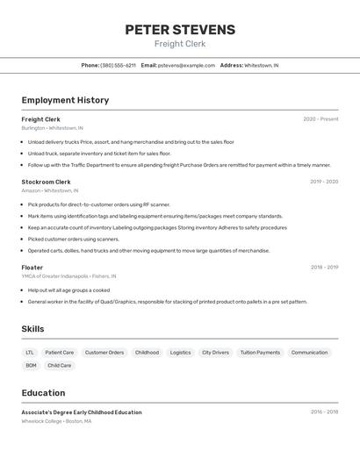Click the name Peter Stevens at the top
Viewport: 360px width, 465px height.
pyautogui.click(x=180, y=29)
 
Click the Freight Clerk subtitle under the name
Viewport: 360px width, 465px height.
pyautogui.click(x=180, y=44)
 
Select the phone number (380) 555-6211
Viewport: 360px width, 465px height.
pyautogui.click(x=118, y=65)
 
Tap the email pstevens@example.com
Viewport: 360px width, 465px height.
pyautogui.click(x=186, y=65)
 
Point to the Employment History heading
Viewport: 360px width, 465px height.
pyautogui.click(x=65, y=100)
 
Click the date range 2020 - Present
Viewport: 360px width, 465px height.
pyautogui.click(x=320, y=119)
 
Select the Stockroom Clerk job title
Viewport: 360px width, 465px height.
pyautogui.click(x=46, y=182)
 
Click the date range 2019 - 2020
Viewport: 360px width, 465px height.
pyautogui.click(x=324, y=182)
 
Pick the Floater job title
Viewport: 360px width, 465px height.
pyautogui.click(x=32, y=267)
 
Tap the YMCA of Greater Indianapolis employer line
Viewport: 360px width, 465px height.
pyautogui.click(x=68, y=276)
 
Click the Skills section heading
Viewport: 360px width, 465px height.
pyautogui.click(x=33, y=329)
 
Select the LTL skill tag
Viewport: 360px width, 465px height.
pyautogui.click(x=30, y=353)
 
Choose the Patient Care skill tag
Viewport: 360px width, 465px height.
pyautogui.click(x=60, y=353)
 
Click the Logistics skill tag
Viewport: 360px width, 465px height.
pyautogui.click(x=180, y=353)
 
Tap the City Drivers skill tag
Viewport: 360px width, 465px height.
pyautogui.click(x=215, y=353)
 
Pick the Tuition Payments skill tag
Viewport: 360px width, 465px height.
pyautogui.click(x=260, y=353)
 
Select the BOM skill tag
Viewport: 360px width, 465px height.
pyautogui.click(x=31, y=365)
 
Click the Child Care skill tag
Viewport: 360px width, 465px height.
pyautogui.click(x=60, y=365)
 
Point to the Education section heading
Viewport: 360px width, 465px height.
pyautogui.click(x=43, y=393)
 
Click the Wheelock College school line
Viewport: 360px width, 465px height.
pyautogui.click(x=56, y=421)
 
